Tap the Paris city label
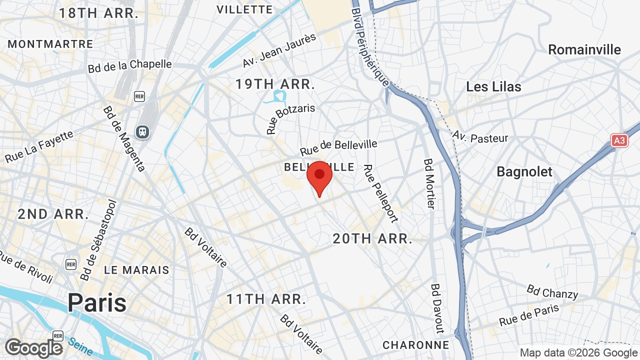[97, 302]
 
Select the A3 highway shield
[619, 140]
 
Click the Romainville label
[584, 49]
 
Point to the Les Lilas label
[493, 86]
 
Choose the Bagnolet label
[524, 171]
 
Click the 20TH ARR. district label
[372, 238]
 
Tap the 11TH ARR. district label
[266, 299]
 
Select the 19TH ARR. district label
[275, 84]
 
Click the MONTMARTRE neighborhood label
[50, 44]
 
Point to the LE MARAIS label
[136, 270]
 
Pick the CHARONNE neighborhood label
[415, 345]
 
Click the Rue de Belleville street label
[338, 147]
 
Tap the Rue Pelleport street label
[380, 193]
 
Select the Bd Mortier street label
[429, 184]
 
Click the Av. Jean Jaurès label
[279, 50]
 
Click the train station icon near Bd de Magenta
[142, 132]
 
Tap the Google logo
[33, 348]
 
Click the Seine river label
[80, 344]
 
